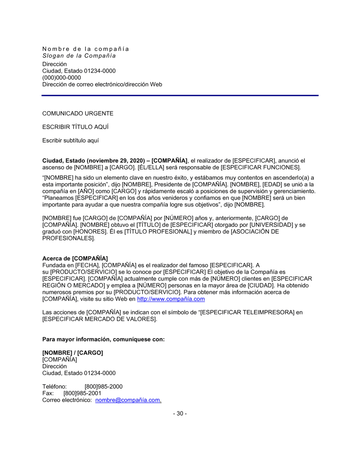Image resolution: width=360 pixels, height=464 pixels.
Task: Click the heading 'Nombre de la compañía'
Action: (x=85, y=49)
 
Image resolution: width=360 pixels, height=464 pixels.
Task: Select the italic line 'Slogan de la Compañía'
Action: (x=79, y=56)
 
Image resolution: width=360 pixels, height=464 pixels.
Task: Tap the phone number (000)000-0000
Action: (x=62, y=78)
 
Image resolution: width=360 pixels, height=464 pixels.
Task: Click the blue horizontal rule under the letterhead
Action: (x=180, y=95)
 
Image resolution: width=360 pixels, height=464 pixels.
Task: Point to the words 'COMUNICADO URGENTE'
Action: (x=78, y=114)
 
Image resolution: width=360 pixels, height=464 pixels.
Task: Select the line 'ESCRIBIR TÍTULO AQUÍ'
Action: (x=75, y=127)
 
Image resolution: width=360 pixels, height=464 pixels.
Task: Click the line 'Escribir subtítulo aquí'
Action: (x=71, y=141)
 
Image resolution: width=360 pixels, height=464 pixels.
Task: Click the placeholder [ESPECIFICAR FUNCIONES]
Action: (x=260, y=168)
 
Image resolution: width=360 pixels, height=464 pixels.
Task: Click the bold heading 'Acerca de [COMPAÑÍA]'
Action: (x=75, y=259)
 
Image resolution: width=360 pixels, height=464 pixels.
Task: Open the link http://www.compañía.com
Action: (x=171, y=299)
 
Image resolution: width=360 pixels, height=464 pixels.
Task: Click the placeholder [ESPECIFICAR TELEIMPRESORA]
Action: (x=247, y=312)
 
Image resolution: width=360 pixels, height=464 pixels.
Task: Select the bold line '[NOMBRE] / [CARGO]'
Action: (x=73, y=353)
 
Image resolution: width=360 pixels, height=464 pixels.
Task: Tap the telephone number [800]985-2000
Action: (x=104, y=387)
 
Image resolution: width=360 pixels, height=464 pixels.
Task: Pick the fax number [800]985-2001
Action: (x=82, y=394)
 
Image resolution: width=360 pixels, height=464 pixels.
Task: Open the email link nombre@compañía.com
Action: (x=128, y=400)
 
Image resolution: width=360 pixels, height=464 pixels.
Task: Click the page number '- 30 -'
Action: (x=180, y=414)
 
